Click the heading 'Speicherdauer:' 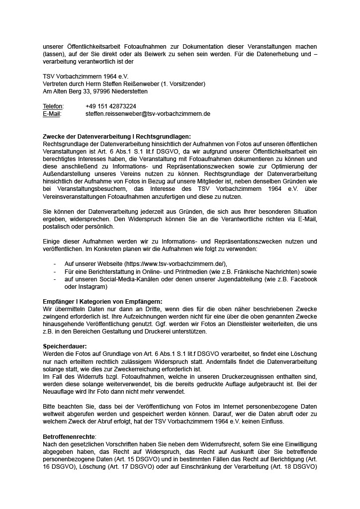[x=65, y=345]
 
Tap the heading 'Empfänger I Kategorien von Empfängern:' [x=102, y=301]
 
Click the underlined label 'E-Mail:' [x=52, y=114]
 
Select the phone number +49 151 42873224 [x=111, y=106]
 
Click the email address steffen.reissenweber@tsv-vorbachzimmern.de [x=148, y=114]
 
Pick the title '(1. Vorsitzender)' [x=186, y=84]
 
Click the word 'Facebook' [x=303, y=279]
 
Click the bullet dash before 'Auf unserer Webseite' [x=55, y=263]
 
